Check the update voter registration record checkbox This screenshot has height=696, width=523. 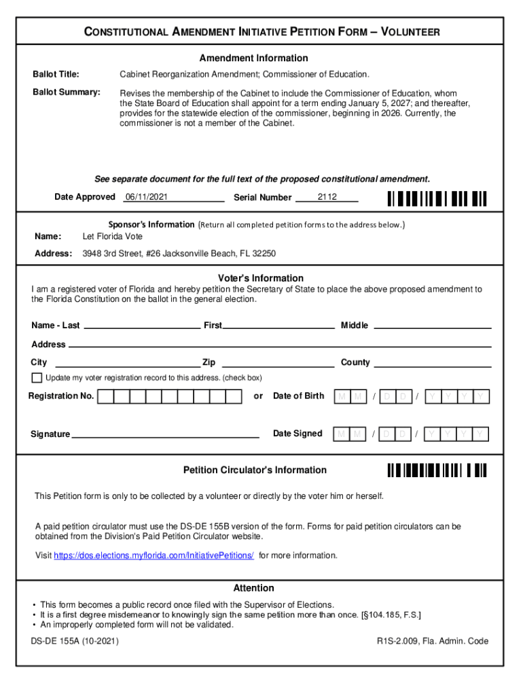37,378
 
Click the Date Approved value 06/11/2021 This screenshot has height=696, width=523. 146,197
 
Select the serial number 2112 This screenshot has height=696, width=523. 327,197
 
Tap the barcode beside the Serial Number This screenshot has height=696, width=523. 437,198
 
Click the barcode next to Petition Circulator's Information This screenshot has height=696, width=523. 437,470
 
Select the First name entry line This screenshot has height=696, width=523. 278,326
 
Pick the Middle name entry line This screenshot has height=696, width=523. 433,326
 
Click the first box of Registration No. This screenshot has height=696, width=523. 106,396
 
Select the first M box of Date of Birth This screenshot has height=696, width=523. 342,396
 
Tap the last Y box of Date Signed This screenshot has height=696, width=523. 481,434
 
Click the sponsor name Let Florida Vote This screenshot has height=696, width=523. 113,237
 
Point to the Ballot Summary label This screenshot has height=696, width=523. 67,92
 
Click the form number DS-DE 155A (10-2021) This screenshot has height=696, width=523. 75,641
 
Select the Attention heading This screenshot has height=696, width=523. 254,588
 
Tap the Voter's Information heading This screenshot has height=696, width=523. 261,278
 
